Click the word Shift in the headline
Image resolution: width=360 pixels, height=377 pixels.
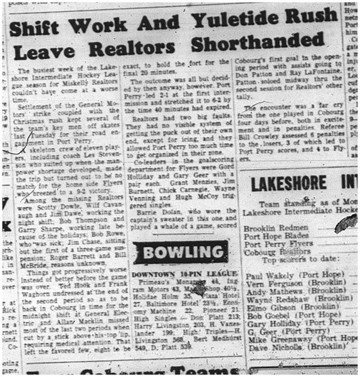(x=43, y=27)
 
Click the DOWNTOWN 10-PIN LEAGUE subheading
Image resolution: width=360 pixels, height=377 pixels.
(x=180, y=274)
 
